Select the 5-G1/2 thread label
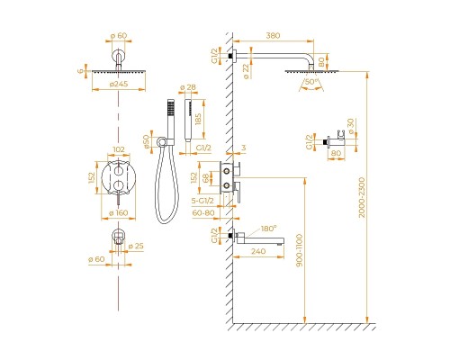pos(214,201)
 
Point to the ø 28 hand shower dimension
pos(188,88)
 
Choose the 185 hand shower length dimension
pos(210,119)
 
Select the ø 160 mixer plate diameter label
pos(118,212)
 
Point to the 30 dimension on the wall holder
pos(352,123)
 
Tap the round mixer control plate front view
pos(118,178)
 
